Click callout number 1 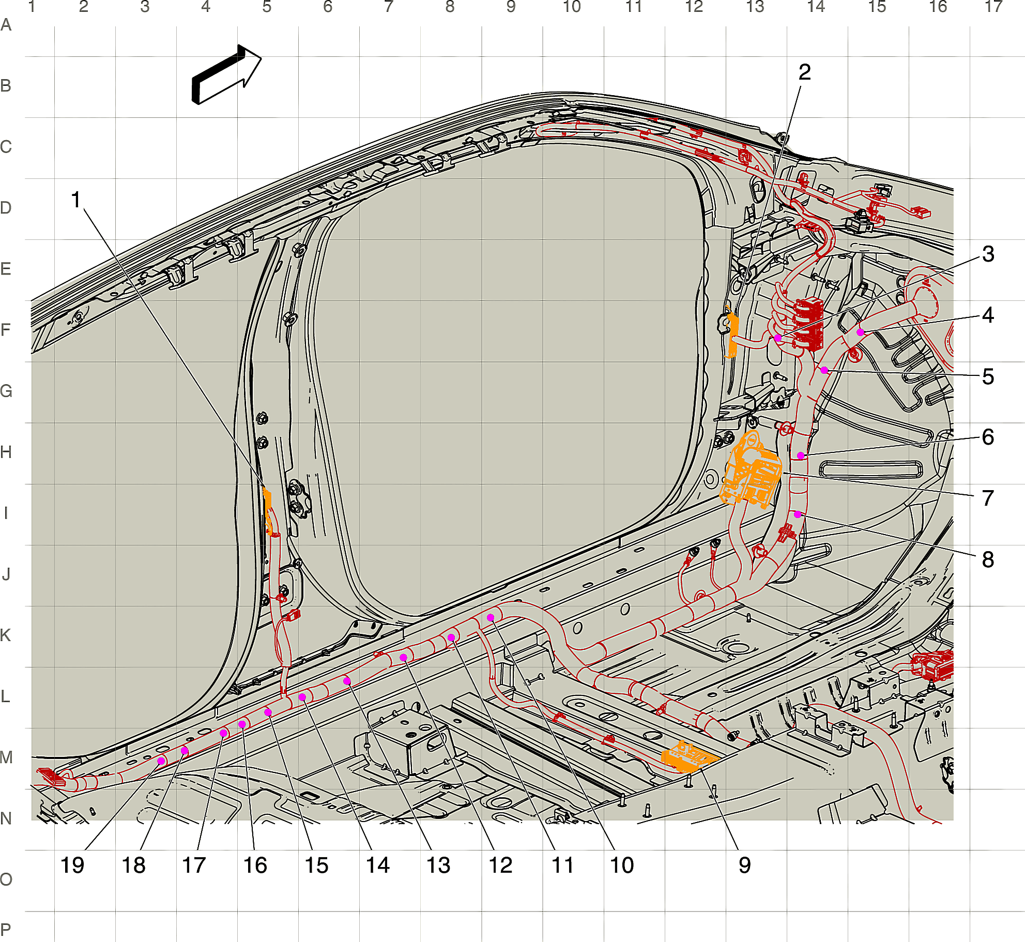coord(76,200)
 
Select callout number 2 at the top coord(804,72)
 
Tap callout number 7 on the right coord(988,498)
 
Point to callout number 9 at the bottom coord(744,865)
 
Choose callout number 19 coord(72,865)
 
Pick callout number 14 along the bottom coord(378,865)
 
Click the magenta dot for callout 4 coord(860,332)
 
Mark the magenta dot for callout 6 coord(800,455)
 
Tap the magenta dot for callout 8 coord(798,514)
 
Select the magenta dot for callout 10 coord(491,617)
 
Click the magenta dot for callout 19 coord(161,761)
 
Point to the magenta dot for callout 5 coord(824,370)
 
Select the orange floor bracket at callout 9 coord(689,756)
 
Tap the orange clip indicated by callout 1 coord(268,509)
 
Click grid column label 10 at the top coord(572,7)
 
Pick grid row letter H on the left coord(6,452)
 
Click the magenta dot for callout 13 coord(403,657)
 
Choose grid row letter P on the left coord(6,930)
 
